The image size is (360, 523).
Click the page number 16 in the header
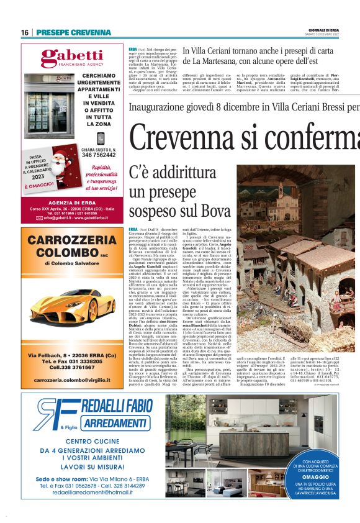click(x=25, y=32)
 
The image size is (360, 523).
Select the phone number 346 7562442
click(x=98, y=155)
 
